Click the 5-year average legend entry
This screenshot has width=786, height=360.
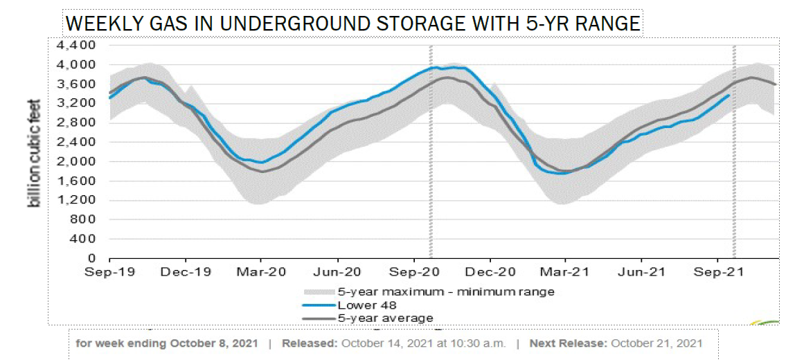pyautogui.click(x=385, y=318)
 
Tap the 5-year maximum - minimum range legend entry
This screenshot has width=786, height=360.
pyautogui.click(x=446, y=291)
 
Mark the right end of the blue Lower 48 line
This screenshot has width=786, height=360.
pyautogui.click(x=729, y=95)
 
